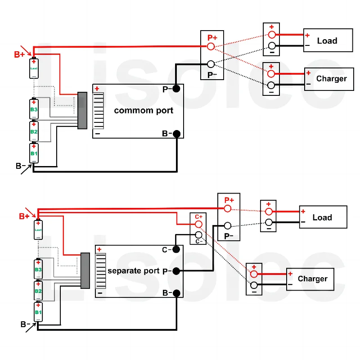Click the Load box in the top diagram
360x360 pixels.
[327, 41]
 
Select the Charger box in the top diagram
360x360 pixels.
[331, 79]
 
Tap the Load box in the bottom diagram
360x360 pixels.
[322, 218]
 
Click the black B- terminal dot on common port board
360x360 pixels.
[176, 134]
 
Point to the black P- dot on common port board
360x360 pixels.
[176, 89]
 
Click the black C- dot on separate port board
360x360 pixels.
[176, 249]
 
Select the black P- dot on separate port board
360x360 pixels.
[176, 271]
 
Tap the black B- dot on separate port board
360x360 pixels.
[176, 293]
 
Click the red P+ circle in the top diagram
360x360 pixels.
[211, 46]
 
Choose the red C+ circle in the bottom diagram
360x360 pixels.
[198, 224]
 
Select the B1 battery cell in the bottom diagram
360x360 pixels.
[38, 312]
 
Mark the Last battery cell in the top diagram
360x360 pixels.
[34, 69]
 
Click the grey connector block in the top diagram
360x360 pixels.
[82, 110]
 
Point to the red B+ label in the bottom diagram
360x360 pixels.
[24, 216]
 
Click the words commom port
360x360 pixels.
[143, 110]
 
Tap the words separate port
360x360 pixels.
[134, 271]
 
